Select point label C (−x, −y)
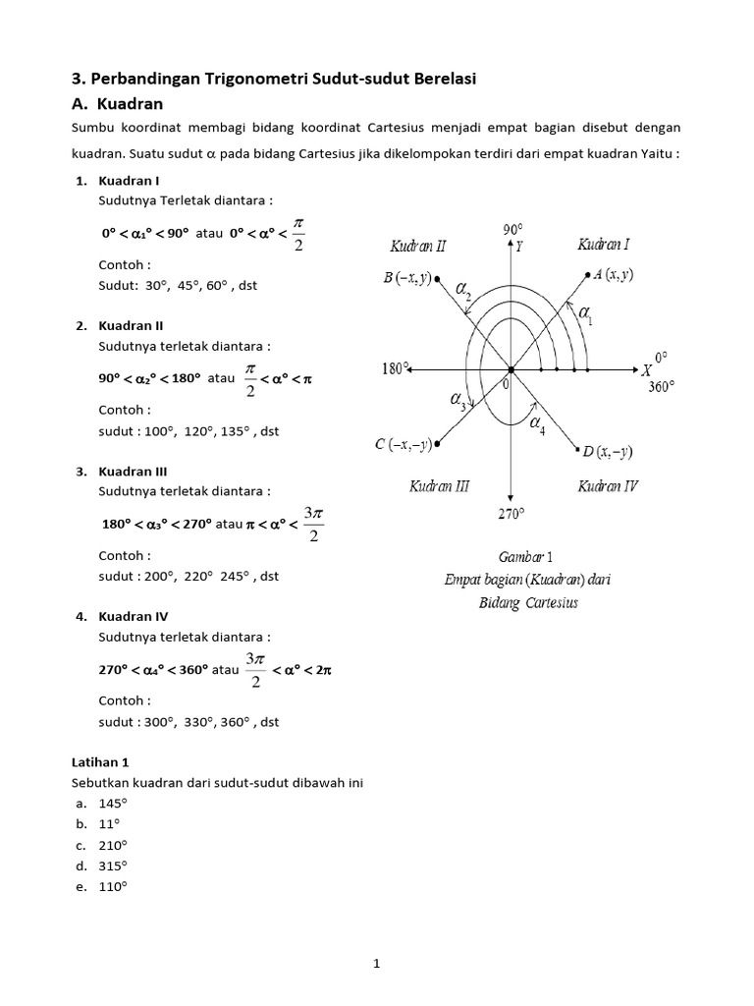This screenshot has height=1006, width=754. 402,444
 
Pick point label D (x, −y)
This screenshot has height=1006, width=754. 607,452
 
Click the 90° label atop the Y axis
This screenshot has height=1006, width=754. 513,229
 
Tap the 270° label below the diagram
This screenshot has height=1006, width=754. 510,513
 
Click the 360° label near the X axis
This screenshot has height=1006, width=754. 662,387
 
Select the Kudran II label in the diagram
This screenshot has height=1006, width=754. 417,246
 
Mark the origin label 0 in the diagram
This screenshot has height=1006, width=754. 506,385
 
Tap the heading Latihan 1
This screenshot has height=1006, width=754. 100,761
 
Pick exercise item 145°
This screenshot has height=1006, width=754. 113,804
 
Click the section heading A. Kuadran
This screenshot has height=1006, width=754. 118,103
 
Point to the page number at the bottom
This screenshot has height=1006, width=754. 376,965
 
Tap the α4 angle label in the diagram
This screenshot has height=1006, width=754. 536,423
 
